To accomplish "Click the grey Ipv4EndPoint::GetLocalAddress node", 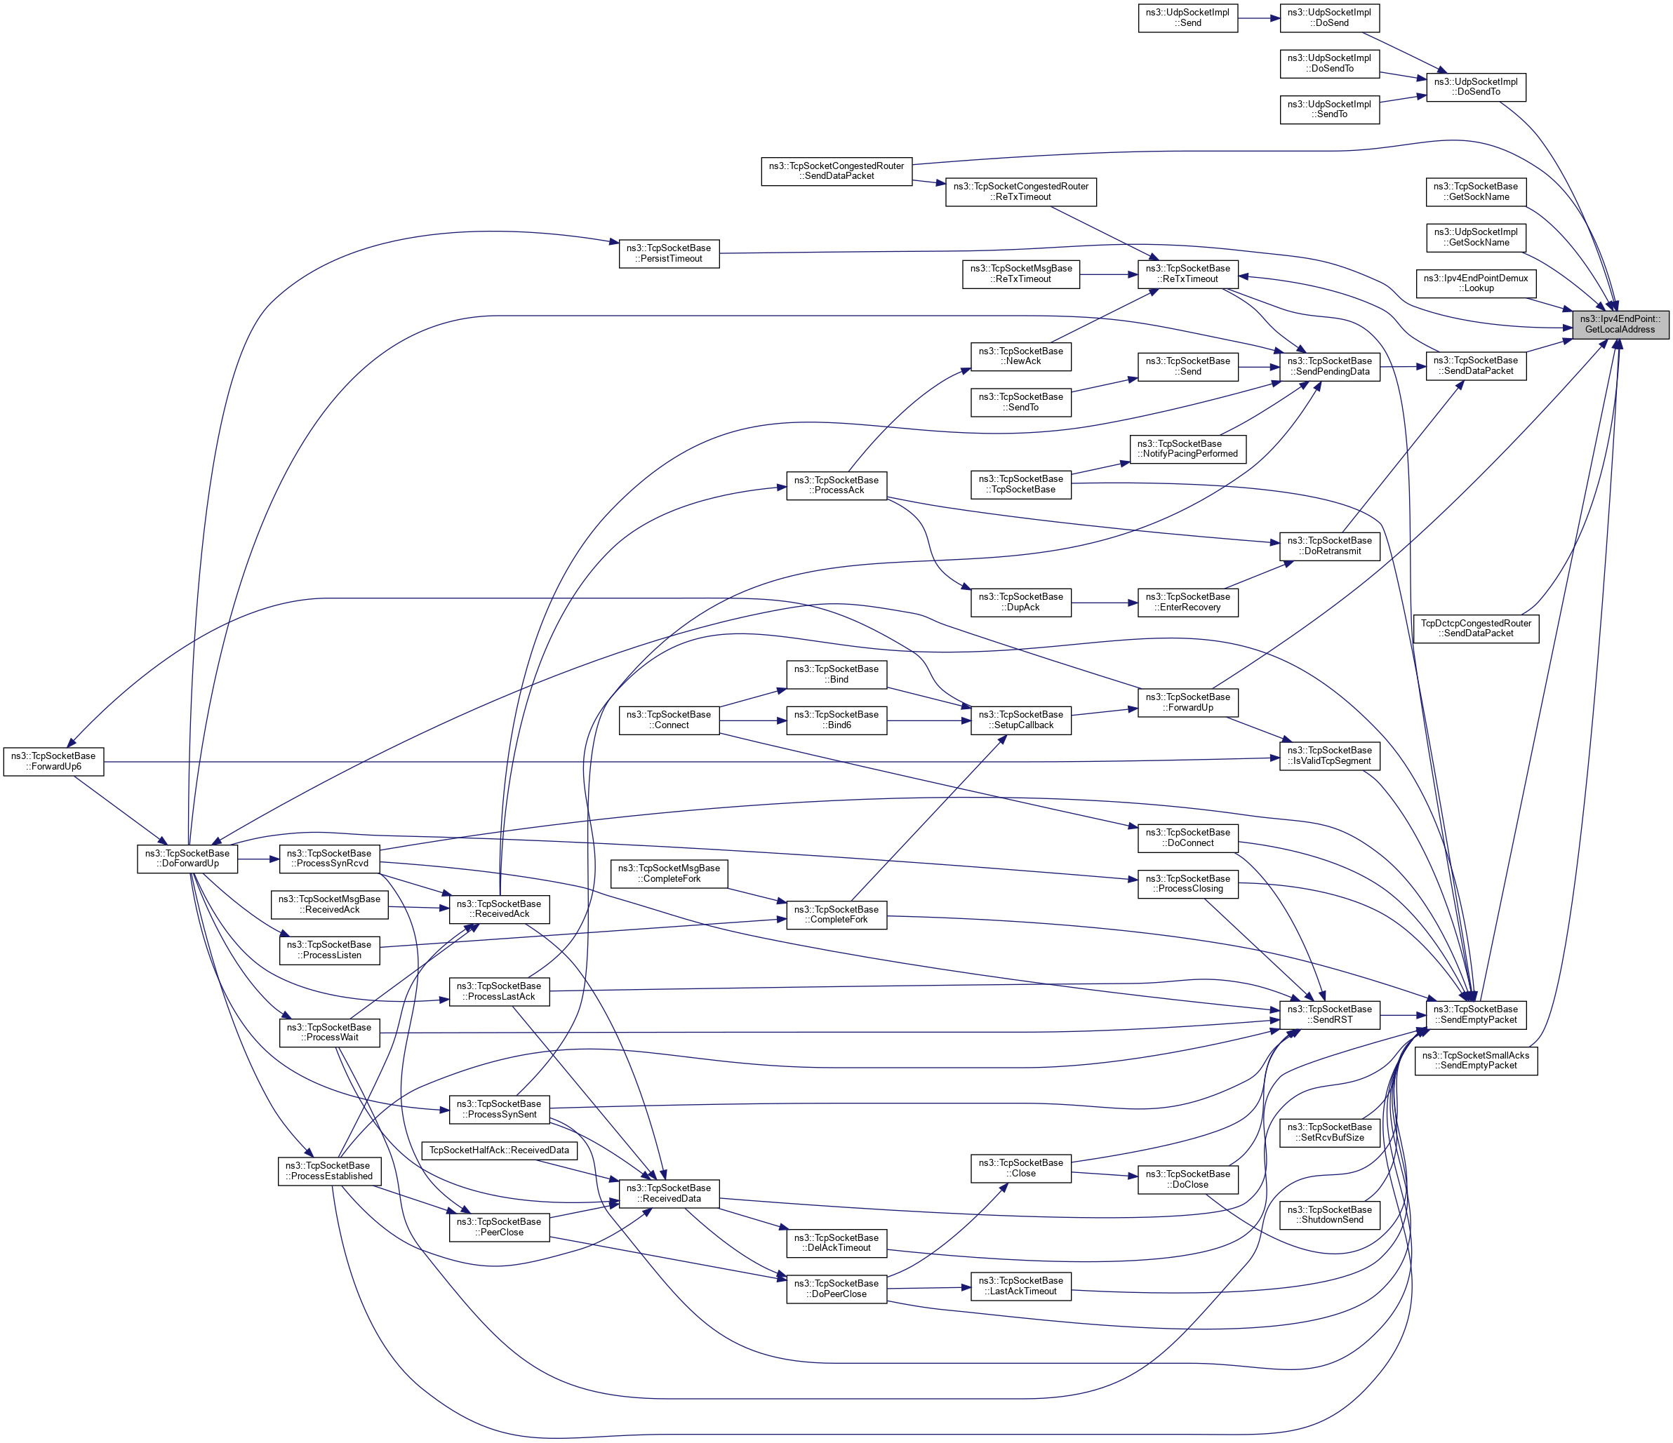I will click(x=1620, y=323).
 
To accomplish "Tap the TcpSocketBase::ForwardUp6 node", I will click(x=54, y=761).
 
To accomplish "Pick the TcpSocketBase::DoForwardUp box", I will click(x=188, y=858).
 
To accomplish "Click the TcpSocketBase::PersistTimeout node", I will click(x=669, y=253).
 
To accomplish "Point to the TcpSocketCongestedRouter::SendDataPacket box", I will click(x=836, y=170).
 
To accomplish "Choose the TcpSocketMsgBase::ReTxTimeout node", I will click(x=1020, y=274).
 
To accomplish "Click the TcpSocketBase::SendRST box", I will click(x=1329, y=1014).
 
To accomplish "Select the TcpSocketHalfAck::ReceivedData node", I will click(x=499, y=1150).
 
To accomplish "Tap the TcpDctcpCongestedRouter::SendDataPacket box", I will click(x=1476, y=628).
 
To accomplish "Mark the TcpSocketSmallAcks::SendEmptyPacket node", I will click(x=1475, y=1061).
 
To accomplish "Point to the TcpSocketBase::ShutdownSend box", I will click(x=1329, y=1214).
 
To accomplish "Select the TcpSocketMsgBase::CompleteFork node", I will click(x=669, y=873).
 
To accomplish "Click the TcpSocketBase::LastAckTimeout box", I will click(x=1020, y=1286).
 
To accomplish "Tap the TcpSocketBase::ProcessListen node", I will click(x=329, y=950).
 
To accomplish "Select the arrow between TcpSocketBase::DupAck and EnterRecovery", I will click(x=1104, y=602).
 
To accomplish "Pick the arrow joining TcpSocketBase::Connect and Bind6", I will click(x=752, y=720).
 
